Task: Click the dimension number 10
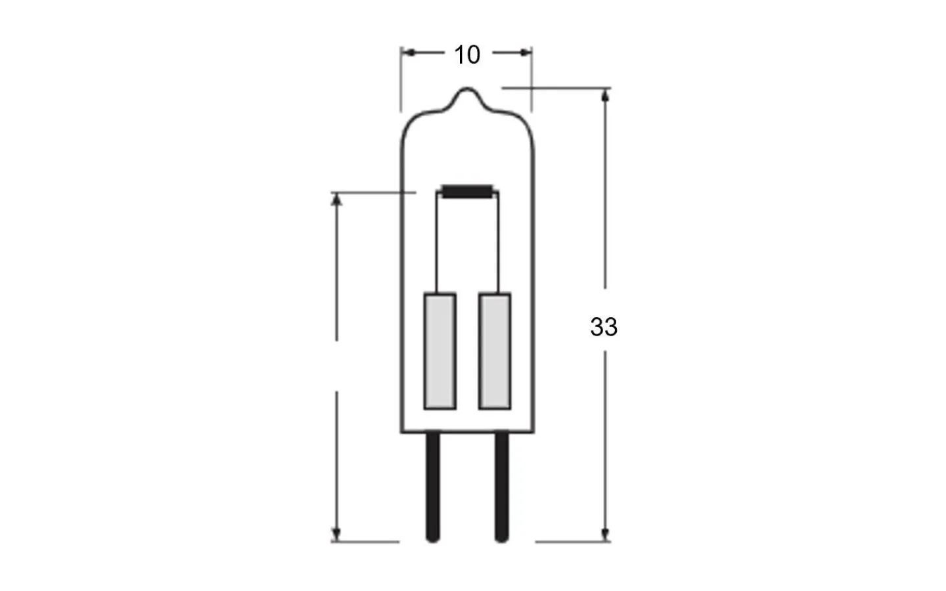click(467, 55)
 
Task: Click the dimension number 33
click(603, 327)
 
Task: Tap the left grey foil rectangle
click(439, 351)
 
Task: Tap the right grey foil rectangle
click(494, 351)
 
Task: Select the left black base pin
click(432, 486)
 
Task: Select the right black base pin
click(501, 486)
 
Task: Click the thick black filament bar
click(467, 191)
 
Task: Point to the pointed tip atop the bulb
click(467, 90)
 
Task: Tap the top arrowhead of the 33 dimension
click(605, 96)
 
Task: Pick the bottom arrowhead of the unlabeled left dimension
click(336, 534)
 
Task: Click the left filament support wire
click(438, 243)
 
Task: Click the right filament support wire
click(498, 243)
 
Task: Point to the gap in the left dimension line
click(336, 366)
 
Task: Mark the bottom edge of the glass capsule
click(467, 432)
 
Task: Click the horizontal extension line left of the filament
click(374, 192)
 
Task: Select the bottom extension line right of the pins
click(572, 542)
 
